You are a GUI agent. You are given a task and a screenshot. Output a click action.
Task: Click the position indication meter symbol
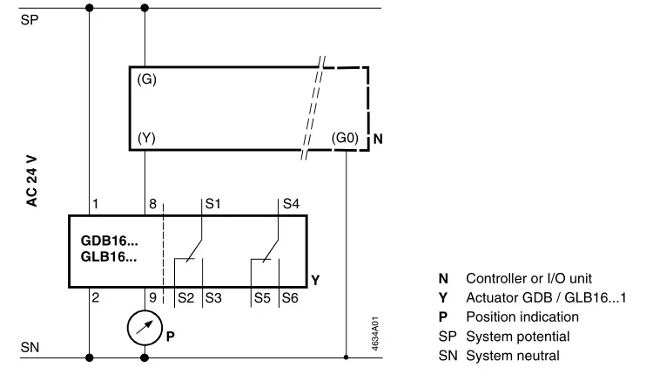tap(145, 328)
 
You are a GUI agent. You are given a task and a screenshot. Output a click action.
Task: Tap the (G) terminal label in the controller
tap(146, 79)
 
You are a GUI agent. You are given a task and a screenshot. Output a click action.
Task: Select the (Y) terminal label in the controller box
tap(146, 138)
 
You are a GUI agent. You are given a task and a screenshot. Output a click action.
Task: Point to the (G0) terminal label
tap(345, 138)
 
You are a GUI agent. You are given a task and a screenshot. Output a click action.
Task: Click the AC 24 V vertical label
tap(31, 181)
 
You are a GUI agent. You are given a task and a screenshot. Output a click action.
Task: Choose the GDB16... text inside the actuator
tap(109, 241)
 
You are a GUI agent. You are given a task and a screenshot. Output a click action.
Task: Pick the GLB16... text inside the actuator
tap(109, 257)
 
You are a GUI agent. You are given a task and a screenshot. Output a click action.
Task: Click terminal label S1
tap(212, 204)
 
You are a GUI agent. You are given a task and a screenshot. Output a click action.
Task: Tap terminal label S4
tap(291, 204)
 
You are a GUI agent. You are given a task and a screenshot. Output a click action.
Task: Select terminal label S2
tap(185, 298)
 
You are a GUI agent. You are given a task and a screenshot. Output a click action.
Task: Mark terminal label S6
tap(290, 298)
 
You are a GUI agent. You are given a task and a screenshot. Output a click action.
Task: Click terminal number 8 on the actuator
tap(153, 204)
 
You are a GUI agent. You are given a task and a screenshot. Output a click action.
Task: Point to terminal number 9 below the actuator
tap(153, 297)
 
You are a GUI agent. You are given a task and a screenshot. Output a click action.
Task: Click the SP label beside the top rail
tap(29, 20)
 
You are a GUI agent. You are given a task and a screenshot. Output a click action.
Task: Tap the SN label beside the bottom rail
tap(30, 347)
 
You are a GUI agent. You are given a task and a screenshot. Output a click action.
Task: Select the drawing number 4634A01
tap(375, 333)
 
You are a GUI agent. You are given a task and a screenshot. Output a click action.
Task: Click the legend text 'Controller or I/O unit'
tap(528, 278)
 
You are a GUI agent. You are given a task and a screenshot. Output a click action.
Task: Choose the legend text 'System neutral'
tap(513, 356)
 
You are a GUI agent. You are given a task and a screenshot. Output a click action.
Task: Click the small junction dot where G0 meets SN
tap(346, 357)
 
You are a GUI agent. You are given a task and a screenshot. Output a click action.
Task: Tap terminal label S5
tap(262, 298)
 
